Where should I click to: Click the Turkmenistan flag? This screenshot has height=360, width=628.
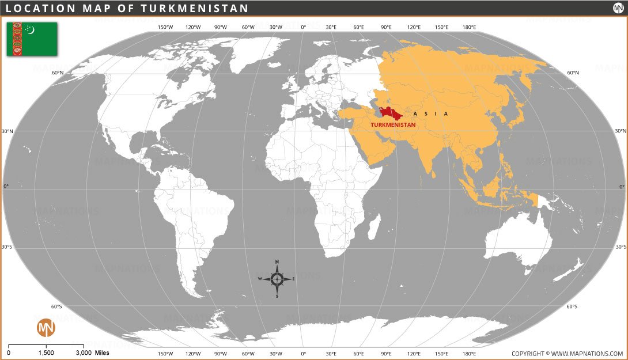pos(32,39)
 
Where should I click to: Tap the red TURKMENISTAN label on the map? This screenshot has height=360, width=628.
pos(392,124)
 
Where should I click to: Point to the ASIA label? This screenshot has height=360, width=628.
pos(430,114)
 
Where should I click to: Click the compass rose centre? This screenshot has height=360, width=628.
pos(277,279)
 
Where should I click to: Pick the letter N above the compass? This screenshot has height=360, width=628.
pos(277,262)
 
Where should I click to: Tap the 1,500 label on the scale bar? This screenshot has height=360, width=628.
pos(46,353)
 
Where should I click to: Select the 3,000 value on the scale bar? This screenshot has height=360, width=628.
pos(84,353)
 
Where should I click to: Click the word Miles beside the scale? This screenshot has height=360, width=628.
pos(102,353)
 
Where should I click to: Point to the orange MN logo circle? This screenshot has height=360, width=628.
pos(46,328)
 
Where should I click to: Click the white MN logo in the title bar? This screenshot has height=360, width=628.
pos(618,8)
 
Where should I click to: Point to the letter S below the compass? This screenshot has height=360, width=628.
pos(277,297)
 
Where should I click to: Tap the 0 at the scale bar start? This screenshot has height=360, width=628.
pos(9,353)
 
